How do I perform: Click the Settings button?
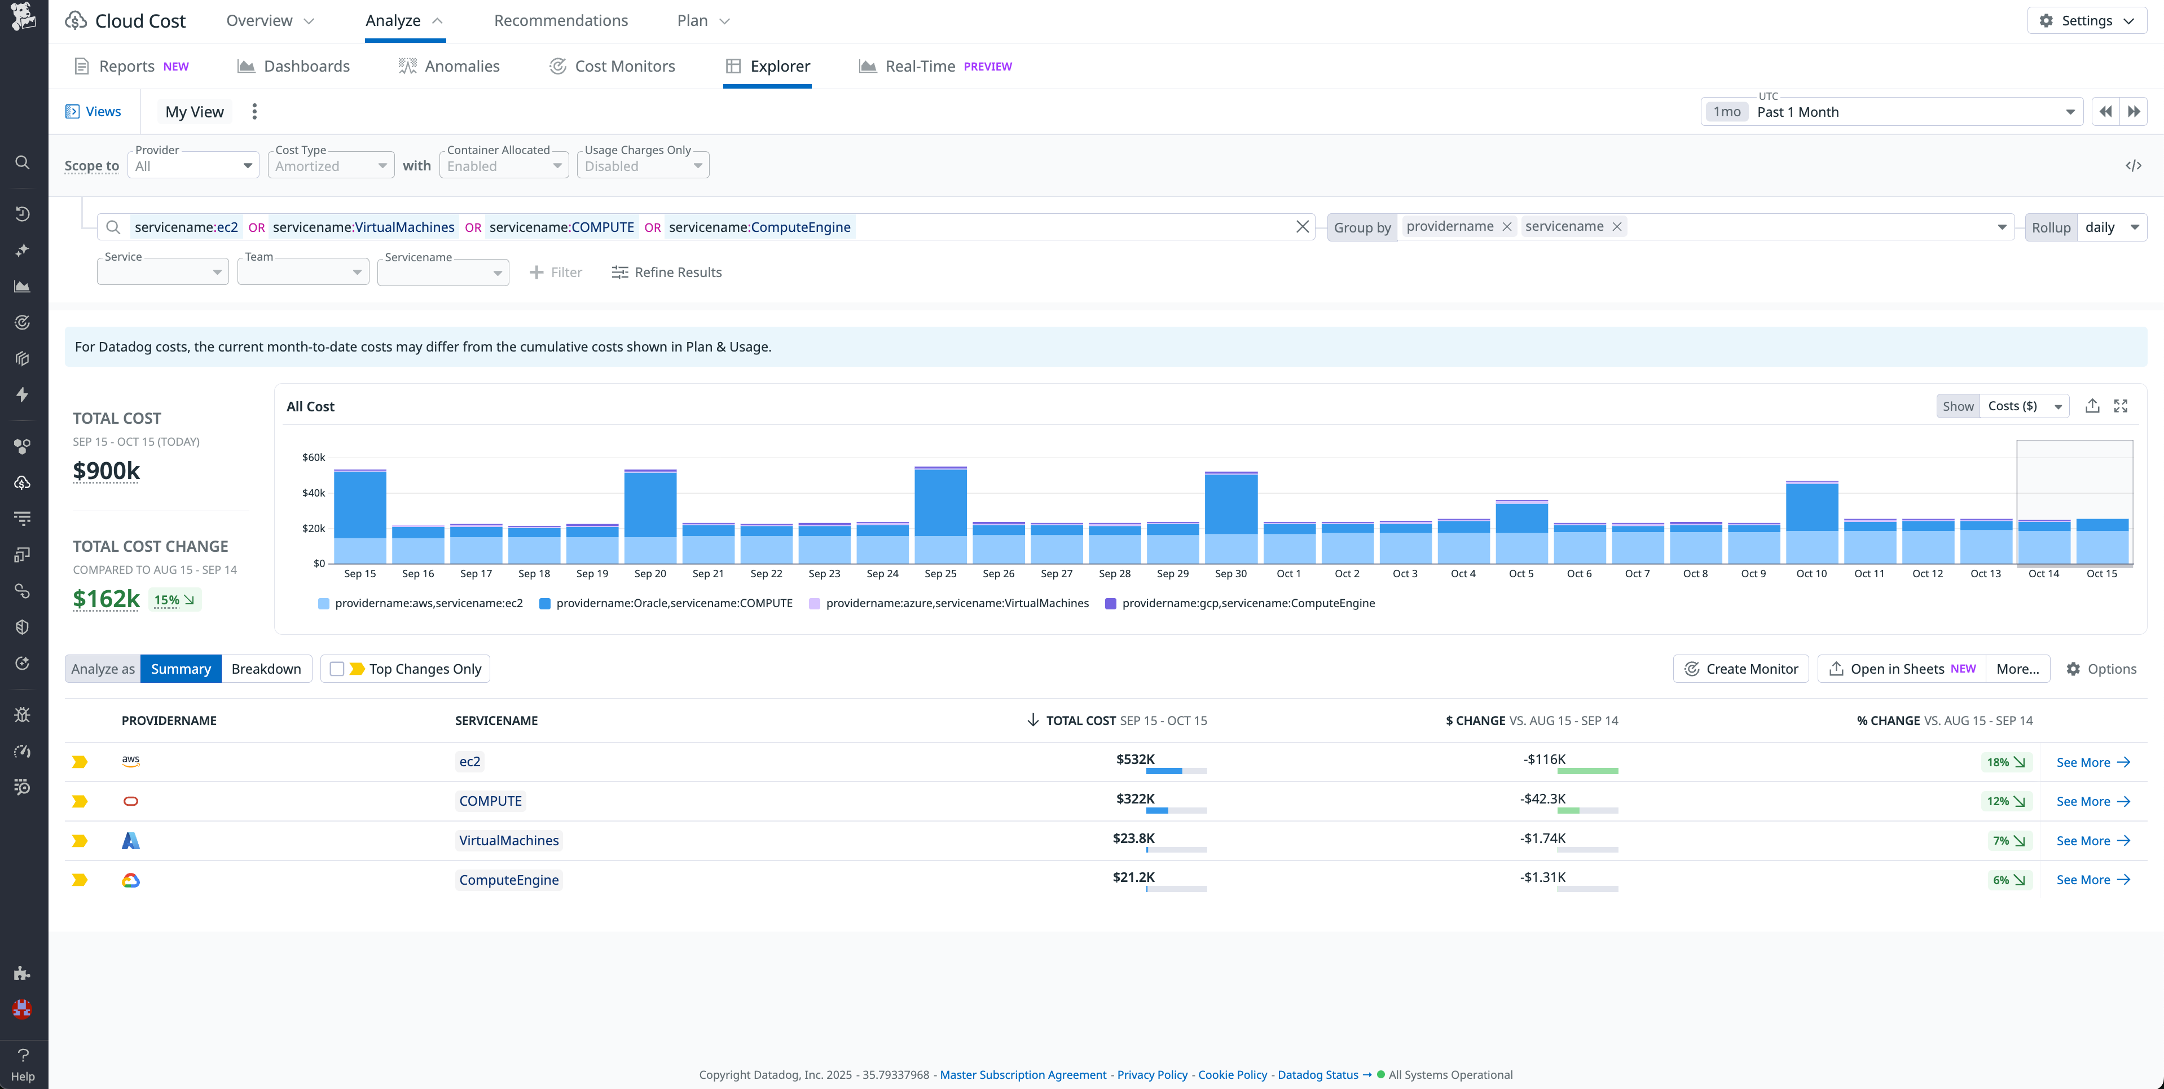2087,21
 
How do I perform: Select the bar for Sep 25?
940,514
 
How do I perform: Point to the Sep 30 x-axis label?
1230,574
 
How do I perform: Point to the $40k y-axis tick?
313,493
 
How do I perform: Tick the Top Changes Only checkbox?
337,669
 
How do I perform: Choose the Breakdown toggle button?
266,669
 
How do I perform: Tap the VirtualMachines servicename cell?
508,840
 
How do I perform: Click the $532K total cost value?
1135,759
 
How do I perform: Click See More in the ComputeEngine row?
2092,880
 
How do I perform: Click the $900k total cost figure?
107,471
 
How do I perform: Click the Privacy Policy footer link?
1152,1075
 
